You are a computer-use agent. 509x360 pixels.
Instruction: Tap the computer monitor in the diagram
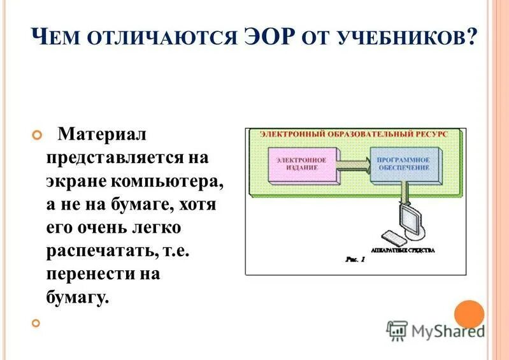tap(411, 220)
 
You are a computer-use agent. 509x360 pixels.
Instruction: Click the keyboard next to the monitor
tap(389, 238)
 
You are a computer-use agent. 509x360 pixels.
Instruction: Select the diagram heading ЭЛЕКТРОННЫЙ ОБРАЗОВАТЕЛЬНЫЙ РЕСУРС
tap(353, 134)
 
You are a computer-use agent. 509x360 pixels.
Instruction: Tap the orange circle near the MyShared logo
tap(469, 314)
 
